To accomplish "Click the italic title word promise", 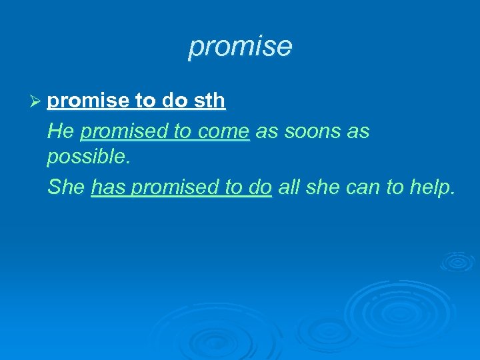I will [240, 47].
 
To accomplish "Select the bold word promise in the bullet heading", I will [88, 101].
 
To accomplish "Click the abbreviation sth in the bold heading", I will [208, 101].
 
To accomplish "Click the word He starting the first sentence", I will [61, 131].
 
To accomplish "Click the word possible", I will [85, 158].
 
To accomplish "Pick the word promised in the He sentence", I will [124, 131].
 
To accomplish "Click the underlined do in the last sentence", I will [259, 187].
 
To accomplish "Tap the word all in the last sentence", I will [289, 187].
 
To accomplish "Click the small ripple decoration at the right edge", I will [458, 261].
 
